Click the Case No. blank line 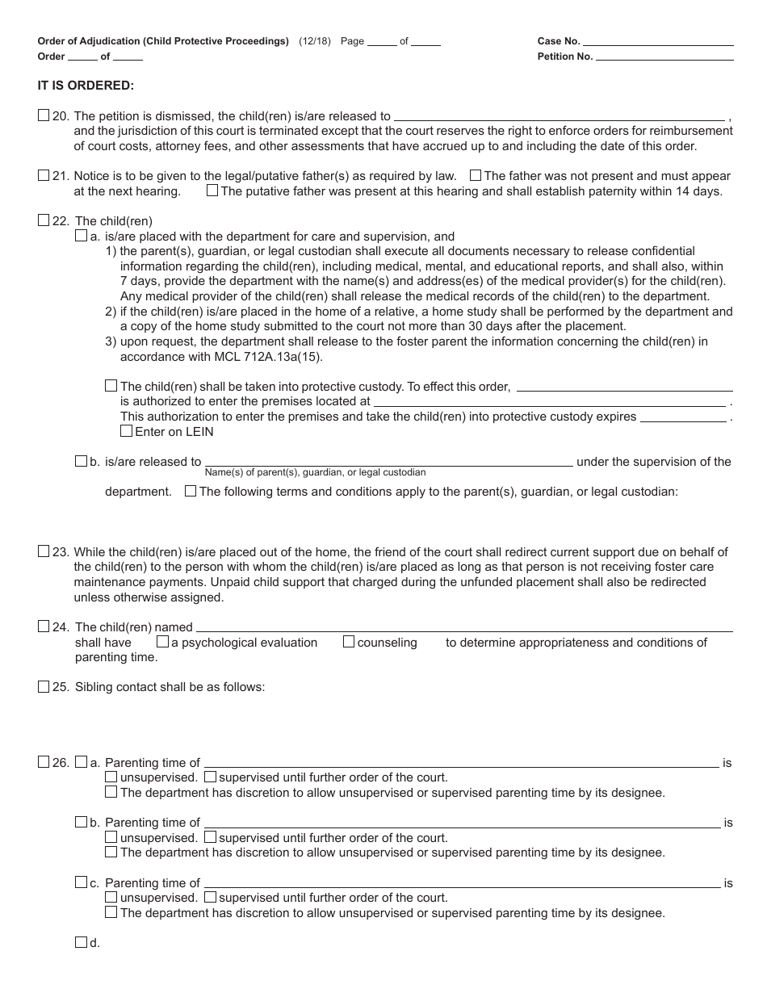pyautogui.click(x=658, y=42)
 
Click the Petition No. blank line pyautogui.click(x=664, y=57)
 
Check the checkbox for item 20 pyautogui.click(x=44, y=115)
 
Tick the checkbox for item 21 pyautogui.click(x=44, y=175)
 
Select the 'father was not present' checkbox pyautogui.click(x=476, y=175)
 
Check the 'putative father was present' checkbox pyautogui.click(x=212, y=191)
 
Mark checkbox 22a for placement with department pyautogui.click(x=81, y=236)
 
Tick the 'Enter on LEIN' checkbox pyautogui.click(x=126, y=431)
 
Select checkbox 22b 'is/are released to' pyautogui.click(x=81, y=461)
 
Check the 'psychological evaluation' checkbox pyautogui.click(x=162, y=642)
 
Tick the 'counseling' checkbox pyautogui.click(x=349, y=642)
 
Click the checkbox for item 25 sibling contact pyautogui.click(x=44, y=686)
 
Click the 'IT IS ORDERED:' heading pyautogui.click(x=86, y=85)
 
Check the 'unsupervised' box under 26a pyautogui.click(x=111, y=777)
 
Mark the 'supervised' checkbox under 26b pyautogui.click(x=210, y=837)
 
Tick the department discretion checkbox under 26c pyautogui.click(x=111, y=912)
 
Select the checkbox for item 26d pyautogui.click(x=81, y=941)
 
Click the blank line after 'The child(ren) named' pyautogui.click(x=464, y=627)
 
